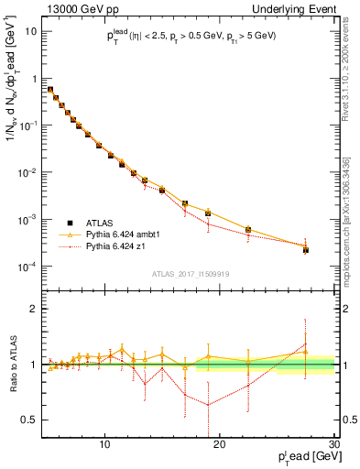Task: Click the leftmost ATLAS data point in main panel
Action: [x=50, y=90]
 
